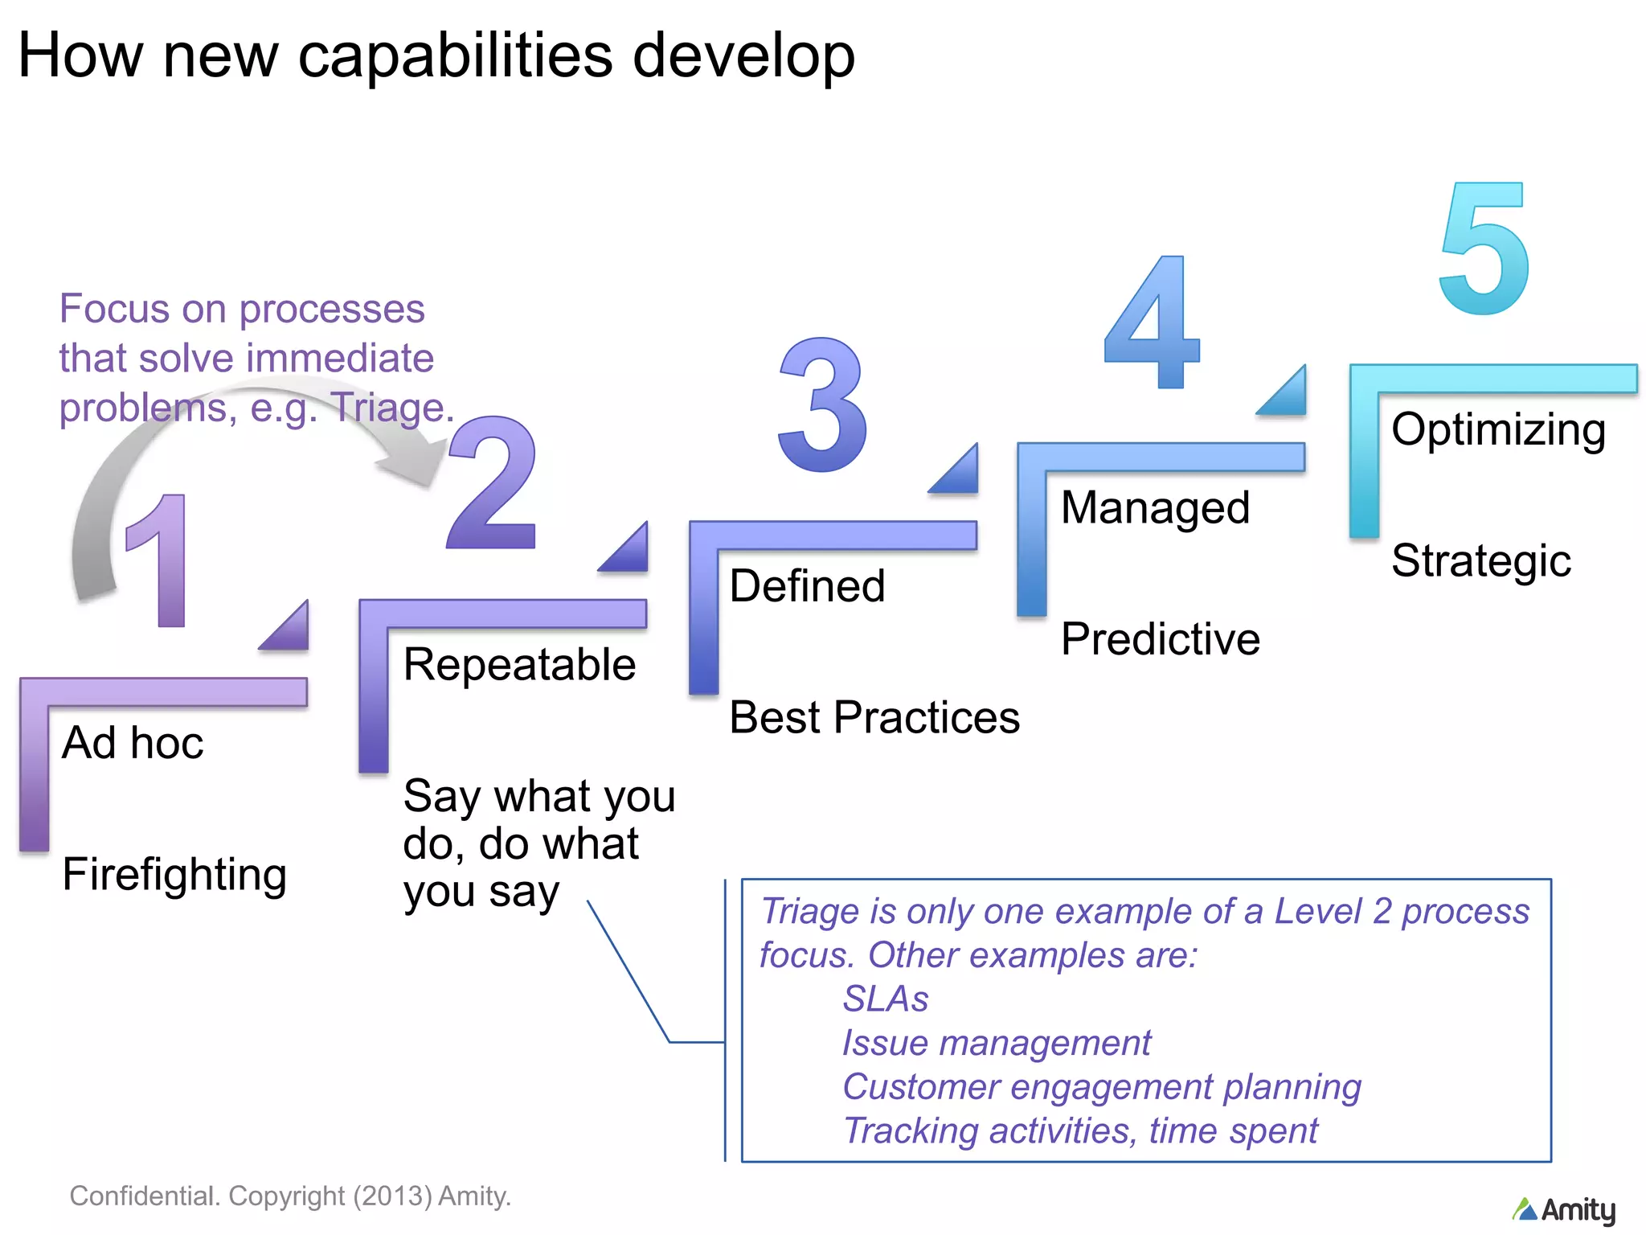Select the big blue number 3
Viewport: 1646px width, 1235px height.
(823, 405)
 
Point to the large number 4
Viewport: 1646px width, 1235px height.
(1154, 323)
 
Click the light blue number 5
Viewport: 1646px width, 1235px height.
(1484, 249)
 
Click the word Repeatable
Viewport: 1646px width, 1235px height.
(519, 665)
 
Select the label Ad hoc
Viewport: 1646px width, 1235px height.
(133, 743)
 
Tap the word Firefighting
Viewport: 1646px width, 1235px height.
(174, 875)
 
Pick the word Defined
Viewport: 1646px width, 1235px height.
(807, 586)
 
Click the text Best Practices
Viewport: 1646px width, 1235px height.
(874, 717)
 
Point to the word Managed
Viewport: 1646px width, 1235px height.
(1155, 508)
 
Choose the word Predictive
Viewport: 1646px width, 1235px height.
(1160, 640)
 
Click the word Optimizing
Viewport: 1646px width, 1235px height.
(1498, 430)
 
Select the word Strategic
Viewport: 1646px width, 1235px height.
(1480, 561)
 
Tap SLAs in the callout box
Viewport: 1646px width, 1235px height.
(885, 999)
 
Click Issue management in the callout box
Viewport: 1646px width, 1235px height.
(996, 1044)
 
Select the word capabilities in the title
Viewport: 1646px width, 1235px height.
(455, 56)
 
